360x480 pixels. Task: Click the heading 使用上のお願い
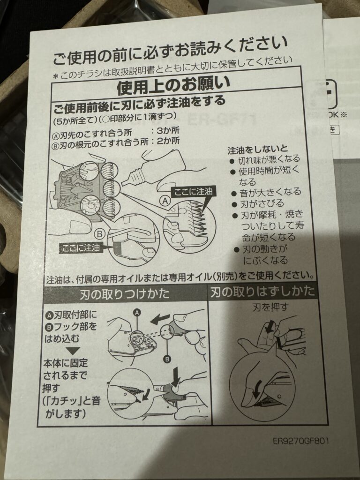tap(173, 84)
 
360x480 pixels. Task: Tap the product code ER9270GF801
tap(301, 441)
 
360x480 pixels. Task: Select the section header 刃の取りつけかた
tap(125, 294)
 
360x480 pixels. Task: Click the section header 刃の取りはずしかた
tap(262, 292)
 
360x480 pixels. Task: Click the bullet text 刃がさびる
tap(262, 203)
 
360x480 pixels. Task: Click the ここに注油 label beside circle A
tap(193, 192)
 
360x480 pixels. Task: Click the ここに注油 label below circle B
tap(81, 247)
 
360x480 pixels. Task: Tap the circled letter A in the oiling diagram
tap(165, 201)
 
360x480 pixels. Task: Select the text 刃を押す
tap(270, 307)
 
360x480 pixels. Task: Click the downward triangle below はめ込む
tap(73, 351)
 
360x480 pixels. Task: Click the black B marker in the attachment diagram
tap(167, 359)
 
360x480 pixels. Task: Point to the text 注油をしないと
tap(257, 150)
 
